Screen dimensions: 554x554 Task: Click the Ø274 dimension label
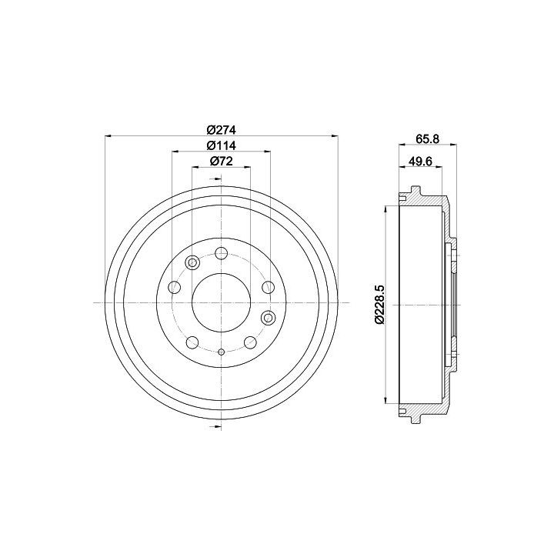coord(221,130)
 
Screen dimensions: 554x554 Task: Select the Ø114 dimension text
coord(221,145)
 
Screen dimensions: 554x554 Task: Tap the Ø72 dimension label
coord(221,161)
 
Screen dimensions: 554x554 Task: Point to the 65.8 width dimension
coord(428,138)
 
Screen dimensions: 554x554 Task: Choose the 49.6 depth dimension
coord(420,161)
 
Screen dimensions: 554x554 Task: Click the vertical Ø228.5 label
coord(380,304)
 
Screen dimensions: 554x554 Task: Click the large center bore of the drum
coord(221,303)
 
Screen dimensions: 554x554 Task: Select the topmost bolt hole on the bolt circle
coord(221,253)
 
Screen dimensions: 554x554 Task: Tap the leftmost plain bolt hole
coord(175,287)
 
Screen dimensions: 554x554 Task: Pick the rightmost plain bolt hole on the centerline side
coord(269,287)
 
